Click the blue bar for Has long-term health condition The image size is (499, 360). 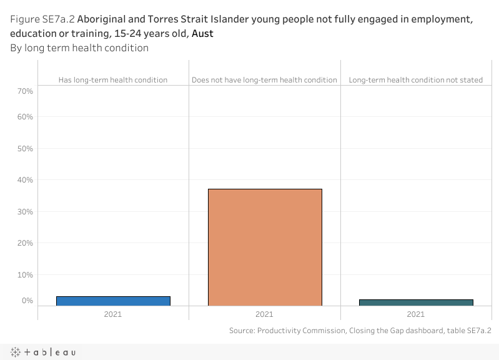(x=113, y=301)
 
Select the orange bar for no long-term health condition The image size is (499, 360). (x=265, y=247)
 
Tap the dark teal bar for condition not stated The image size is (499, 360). (x=416, y=302)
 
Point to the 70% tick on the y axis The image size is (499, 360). (x=26, y=91)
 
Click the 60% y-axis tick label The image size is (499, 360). (x=26, y=117)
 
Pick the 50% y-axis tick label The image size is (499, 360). (x=26, y=149)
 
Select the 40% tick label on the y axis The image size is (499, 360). (x=26, y=180)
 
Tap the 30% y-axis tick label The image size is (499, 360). (x=26, y=212)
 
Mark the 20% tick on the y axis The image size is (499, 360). (x=26, y=243)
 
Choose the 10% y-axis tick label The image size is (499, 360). (x=26, y=275)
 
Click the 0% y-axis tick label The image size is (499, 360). (x=27, y=301)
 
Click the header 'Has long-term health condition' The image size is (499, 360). (x=113, y=80)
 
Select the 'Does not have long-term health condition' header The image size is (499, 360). (x=264, y=80)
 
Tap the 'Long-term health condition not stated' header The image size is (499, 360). (x=416, y=80)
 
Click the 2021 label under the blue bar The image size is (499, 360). (x=113, y=314)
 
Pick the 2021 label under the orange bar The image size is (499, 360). (x=264, y=314)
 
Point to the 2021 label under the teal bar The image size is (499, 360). (x=416, y=314)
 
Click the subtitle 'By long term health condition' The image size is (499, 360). (x=79, y=48)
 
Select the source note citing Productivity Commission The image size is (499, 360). (x=360, y=331)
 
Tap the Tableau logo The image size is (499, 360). (x=43, y=352)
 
